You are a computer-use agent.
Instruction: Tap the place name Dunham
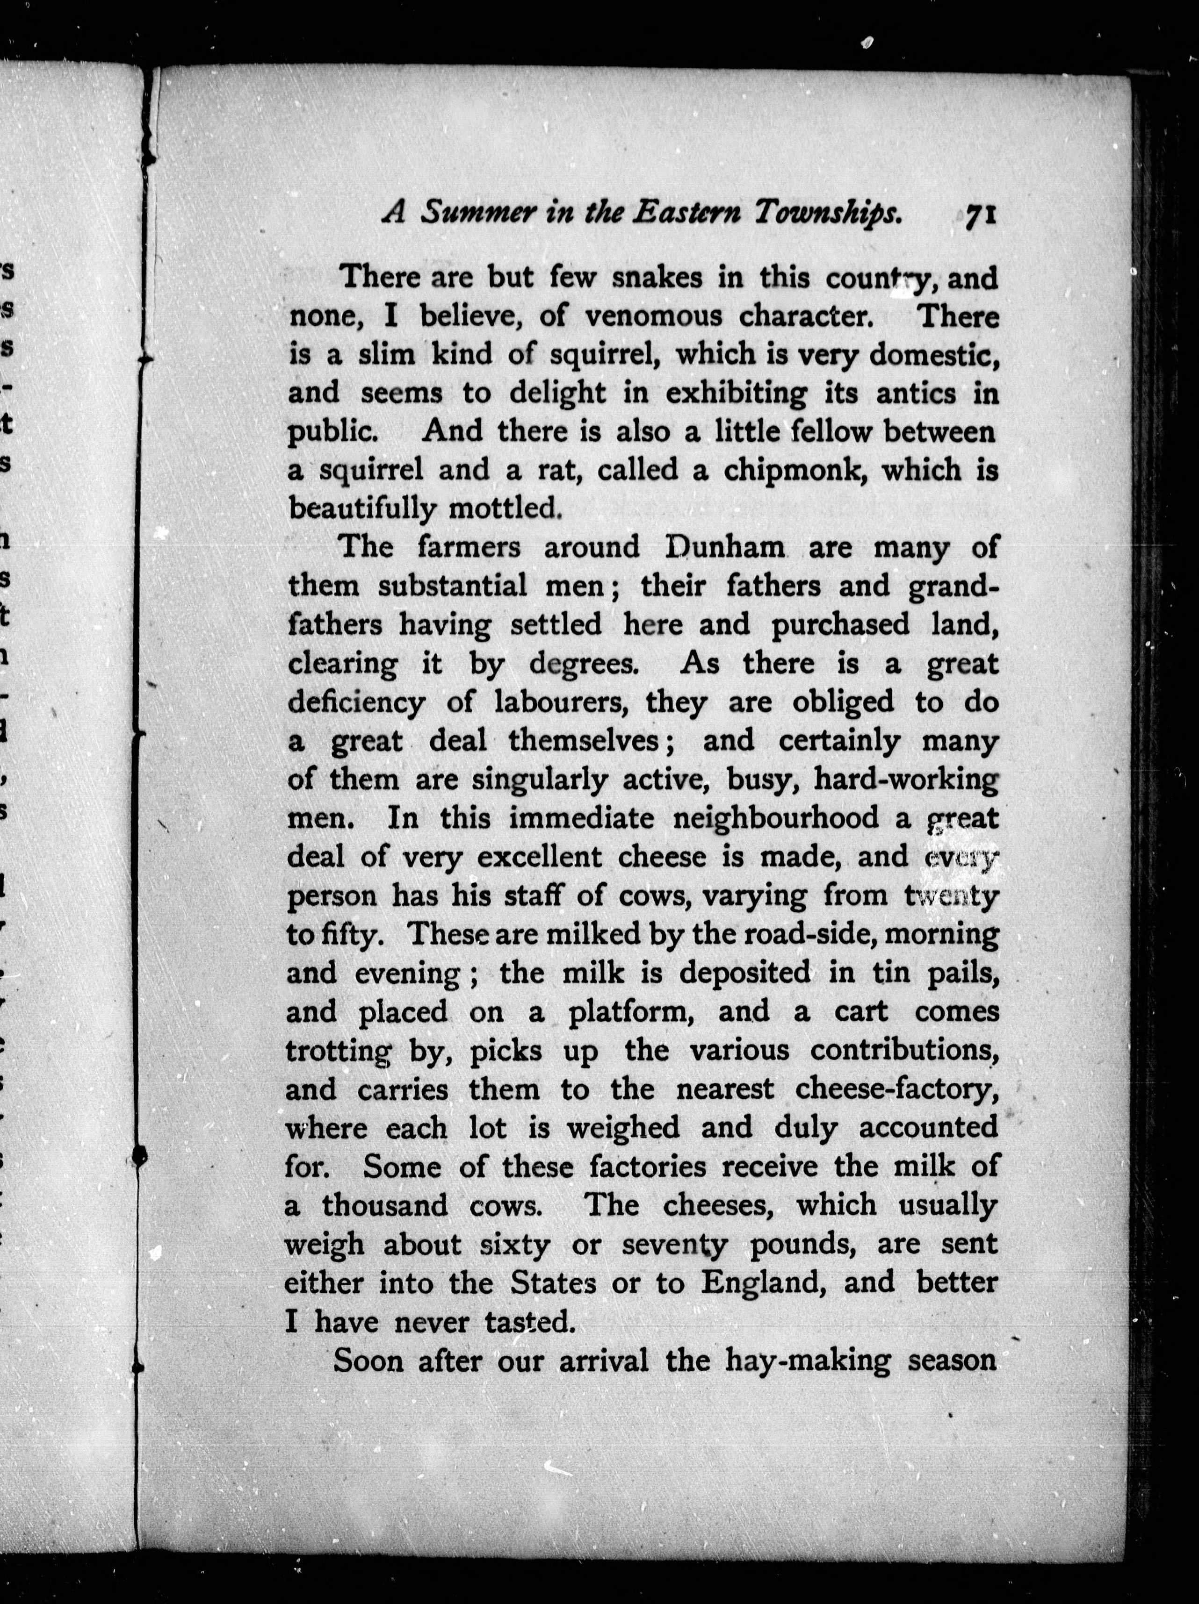coord(725,547)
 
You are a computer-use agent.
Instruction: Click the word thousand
coord(384,1206)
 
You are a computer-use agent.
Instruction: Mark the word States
coord(553,1283)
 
